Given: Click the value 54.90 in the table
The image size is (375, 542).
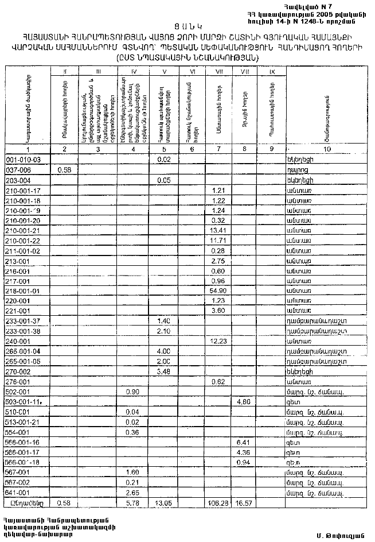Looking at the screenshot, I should coord(217,291).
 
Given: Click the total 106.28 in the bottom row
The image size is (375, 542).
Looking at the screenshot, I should coord(217,502).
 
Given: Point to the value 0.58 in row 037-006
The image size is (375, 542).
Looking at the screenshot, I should coord(65,171).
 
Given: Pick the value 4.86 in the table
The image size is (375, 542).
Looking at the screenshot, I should coord(245,402).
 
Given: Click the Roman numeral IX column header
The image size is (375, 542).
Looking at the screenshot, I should coord(272,72).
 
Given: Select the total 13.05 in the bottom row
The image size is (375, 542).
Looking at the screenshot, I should coord(164,502).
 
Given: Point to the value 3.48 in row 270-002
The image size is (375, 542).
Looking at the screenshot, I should coord(164,371).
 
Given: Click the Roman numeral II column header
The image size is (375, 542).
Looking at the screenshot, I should coord(65,72).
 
